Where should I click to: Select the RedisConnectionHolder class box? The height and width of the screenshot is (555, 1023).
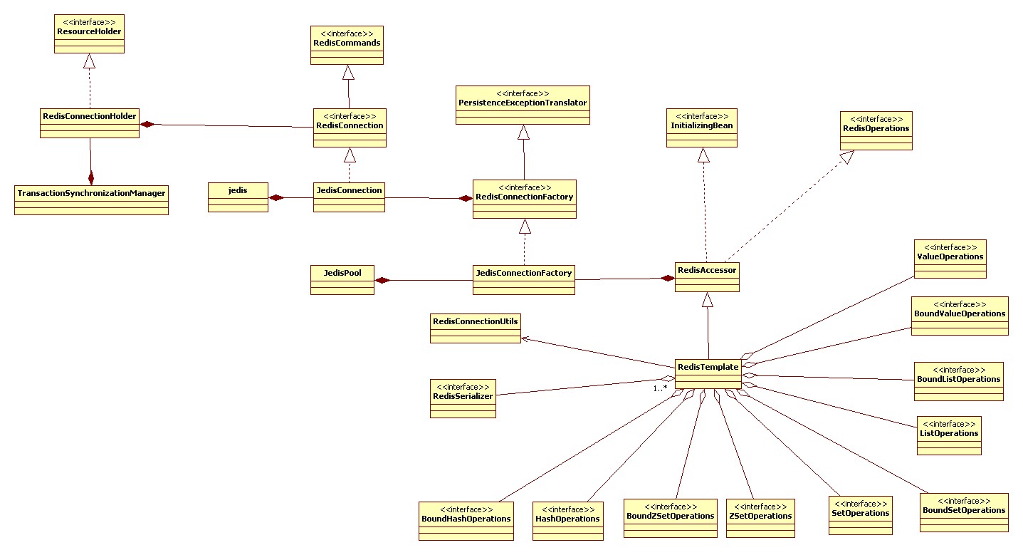pos(90,123)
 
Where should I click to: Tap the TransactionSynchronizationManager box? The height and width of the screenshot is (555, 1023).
pos(91,200)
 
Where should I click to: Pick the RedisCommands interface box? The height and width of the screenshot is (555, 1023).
pos(347,46)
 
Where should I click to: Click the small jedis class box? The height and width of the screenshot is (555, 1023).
pos(238,197)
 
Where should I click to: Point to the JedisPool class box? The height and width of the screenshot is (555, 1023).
pos(342,280)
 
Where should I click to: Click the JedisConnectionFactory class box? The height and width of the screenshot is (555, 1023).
pos(524,280)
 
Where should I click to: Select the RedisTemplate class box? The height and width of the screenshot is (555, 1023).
pos(708,375)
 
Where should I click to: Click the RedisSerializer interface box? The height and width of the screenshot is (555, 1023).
pos(463,398)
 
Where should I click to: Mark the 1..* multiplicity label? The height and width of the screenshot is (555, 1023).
pos(660,388)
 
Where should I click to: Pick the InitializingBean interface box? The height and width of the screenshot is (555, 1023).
pos(701,129)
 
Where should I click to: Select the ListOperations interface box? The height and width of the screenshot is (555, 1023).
pos(949,436)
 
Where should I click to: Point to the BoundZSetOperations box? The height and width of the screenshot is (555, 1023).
pos(671,518)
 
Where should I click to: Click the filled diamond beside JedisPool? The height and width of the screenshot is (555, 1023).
pos(383,281)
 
